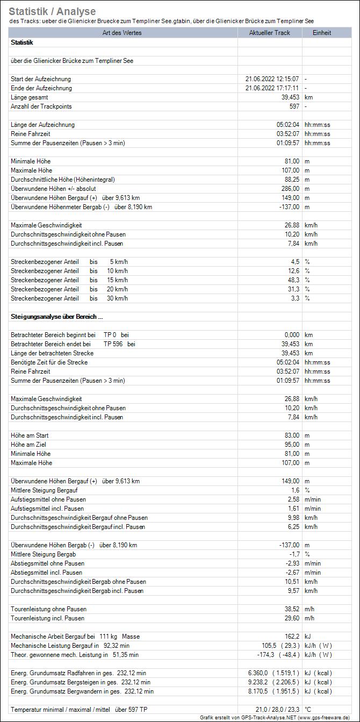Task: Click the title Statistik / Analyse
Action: point(52,11)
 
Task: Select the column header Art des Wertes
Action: point(123,33)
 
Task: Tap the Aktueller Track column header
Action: point(270,33)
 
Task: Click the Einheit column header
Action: point(322,33)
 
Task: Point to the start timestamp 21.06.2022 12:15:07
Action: point(272,79)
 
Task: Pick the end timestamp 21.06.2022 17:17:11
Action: point(272,88)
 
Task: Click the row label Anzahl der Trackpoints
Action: point(41,106)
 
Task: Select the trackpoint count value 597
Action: point(294,106)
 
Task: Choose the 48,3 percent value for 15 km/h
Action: point(294,280)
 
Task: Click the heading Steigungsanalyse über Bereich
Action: point(57,317)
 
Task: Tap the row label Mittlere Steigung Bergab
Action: point(44,554)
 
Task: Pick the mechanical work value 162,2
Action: point(292,637)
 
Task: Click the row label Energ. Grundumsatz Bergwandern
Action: point(82,691)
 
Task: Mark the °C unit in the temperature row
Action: point(308,710)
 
